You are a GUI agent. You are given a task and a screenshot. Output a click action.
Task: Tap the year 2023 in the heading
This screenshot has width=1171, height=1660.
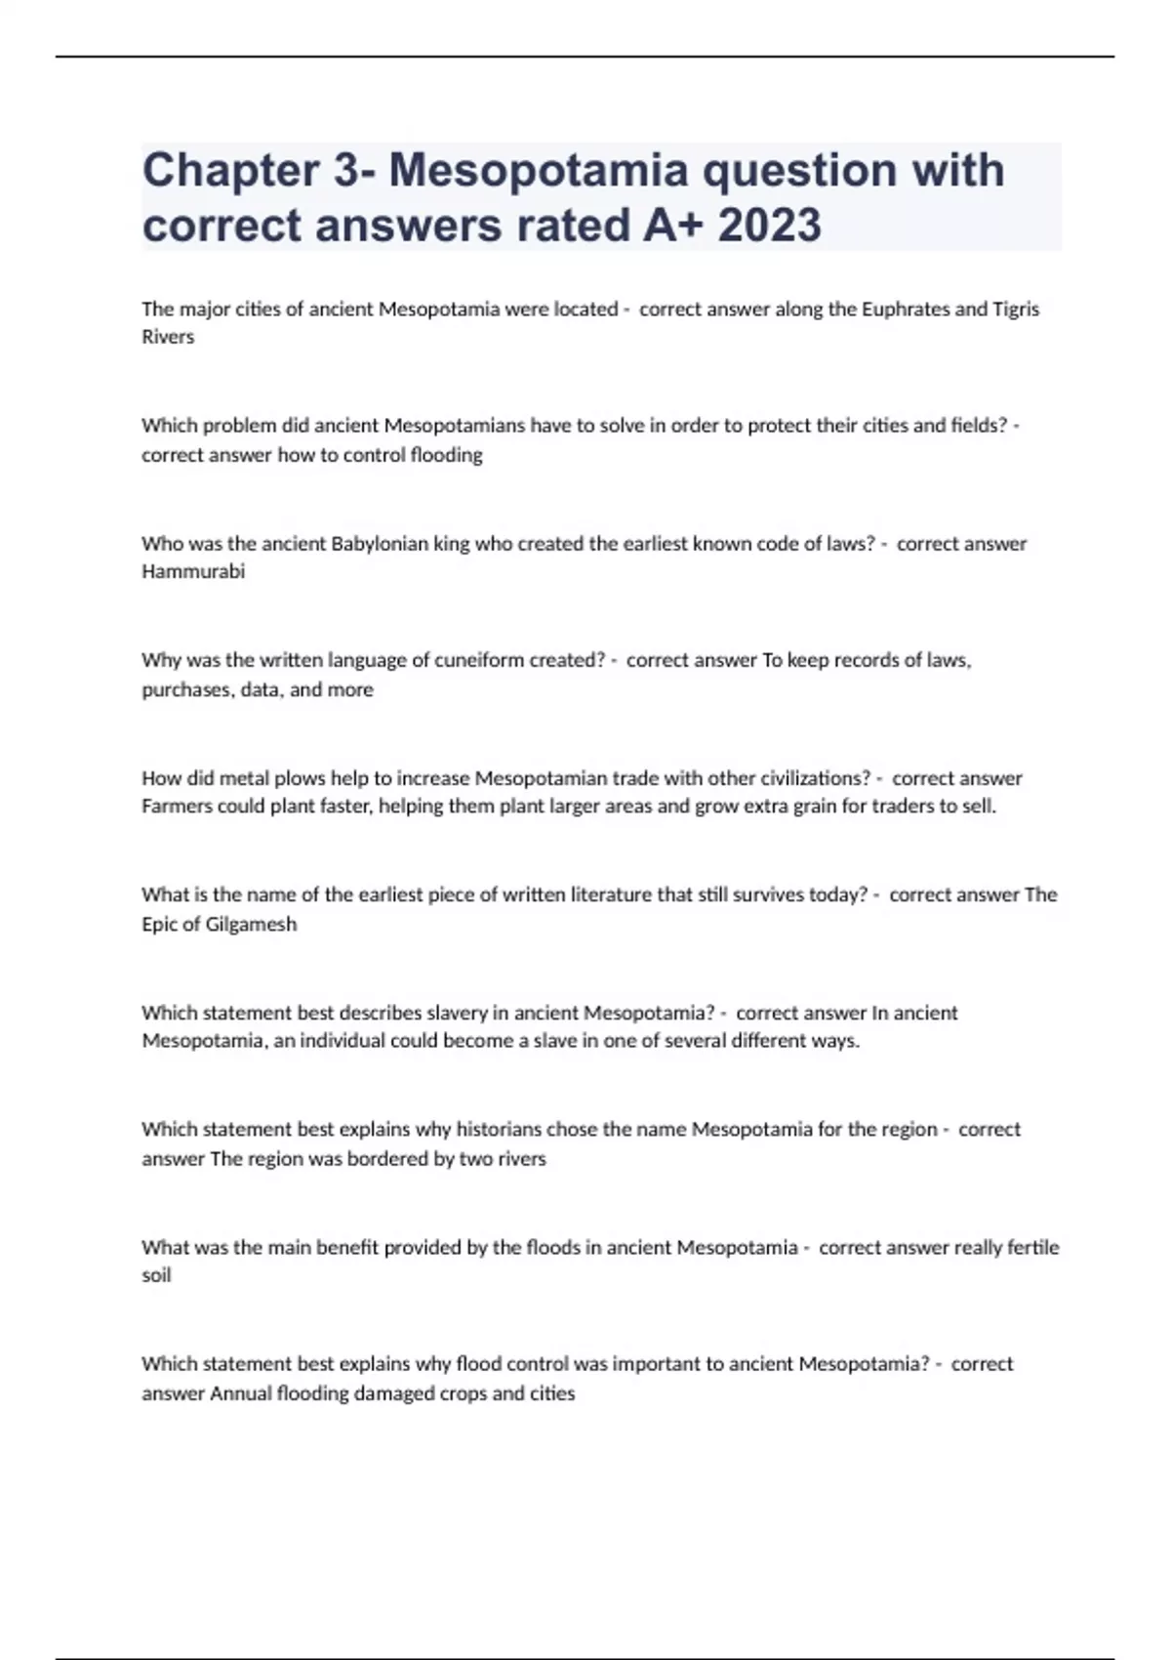coord(769,226)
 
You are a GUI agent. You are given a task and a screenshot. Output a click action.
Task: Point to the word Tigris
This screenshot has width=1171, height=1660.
coord(1015,310)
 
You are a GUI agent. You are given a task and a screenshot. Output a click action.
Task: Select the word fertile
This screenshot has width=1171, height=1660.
coord(1032,1247)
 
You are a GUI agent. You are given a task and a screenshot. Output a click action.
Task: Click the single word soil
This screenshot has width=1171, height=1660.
coord(156,1275)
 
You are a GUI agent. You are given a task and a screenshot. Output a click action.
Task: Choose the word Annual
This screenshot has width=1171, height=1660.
coord(241,1393)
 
